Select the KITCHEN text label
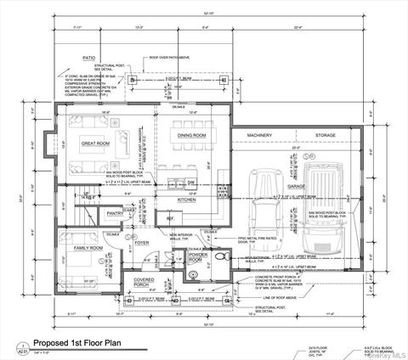point(187,199)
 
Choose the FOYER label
point(141,242)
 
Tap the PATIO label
point(88,59)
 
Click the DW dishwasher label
point(190,182)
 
